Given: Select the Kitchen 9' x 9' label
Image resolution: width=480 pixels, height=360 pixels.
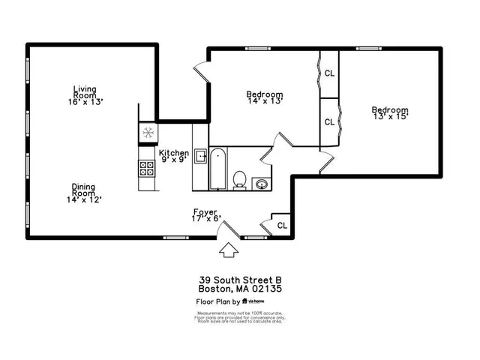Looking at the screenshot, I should [173, 156].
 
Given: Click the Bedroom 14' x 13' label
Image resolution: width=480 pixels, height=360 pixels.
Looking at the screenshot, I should [265, 98].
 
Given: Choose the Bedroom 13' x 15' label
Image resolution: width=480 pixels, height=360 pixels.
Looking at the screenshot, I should [390, 114].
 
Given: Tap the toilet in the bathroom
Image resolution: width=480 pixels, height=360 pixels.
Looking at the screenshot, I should [240, 178].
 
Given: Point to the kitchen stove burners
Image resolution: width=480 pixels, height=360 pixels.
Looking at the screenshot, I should [145, 169].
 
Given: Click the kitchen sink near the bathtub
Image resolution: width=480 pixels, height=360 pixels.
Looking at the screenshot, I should [200, 157].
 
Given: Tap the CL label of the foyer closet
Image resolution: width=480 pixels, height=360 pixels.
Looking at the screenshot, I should [282, 225].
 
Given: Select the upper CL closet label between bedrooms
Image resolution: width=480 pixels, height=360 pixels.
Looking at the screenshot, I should [329, 73].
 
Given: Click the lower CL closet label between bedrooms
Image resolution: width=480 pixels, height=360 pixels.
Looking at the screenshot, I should [329, 121].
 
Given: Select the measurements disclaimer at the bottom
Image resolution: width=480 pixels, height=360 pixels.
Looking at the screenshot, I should [239, 317].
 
